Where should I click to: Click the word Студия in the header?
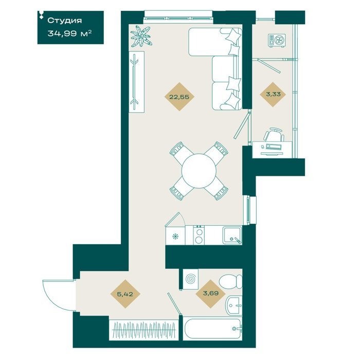[64, 21]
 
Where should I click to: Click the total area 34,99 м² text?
[69, 33]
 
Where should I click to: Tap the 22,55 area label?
[179, 97]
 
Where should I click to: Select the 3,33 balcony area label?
[273, 94]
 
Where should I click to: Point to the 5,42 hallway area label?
[125, 294]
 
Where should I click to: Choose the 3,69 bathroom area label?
[210, 293]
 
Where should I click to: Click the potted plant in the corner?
[141, 37]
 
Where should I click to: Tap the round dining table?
[199, 171]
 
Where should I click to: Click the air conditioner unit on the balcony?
[277, 41]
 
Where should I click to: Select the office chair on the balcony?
[274, 135]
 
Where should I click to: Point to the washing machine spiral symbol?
[190, 279]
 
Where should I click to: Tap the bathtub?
[212, 329]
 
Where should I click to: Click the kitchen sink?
[232, 235]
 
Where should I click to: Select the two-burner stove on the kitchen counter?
[199, 235]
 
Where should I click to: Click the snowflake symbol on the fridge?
[176, 236]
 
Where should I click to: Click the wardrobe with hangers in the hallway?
[143, 330]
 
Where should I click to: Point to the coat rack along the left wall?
[136, 82]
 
